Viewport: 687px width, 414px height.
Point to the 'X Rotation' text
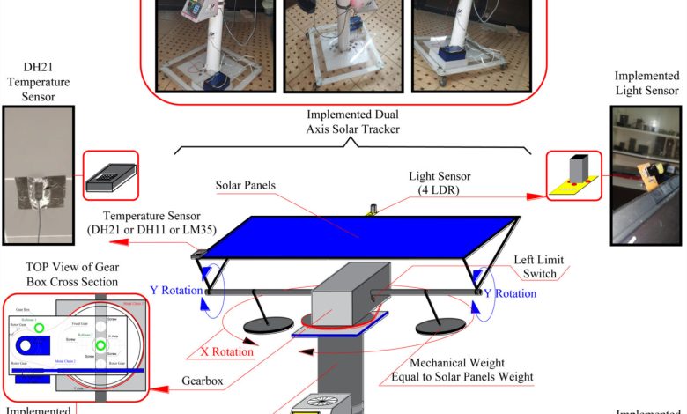click(x=226, y=351)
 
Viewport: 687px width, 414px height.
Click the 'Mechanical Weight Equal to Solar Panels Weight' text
click(x=462, y=369)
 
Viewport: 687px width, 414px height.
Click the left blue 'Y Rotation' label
click(x=174, y=288)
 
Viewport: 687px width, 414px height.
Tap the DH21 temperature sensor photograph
click(x=38, y=176)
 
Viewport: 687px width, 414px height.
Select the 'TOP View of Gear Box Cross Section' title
click(x=73, y=274)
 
